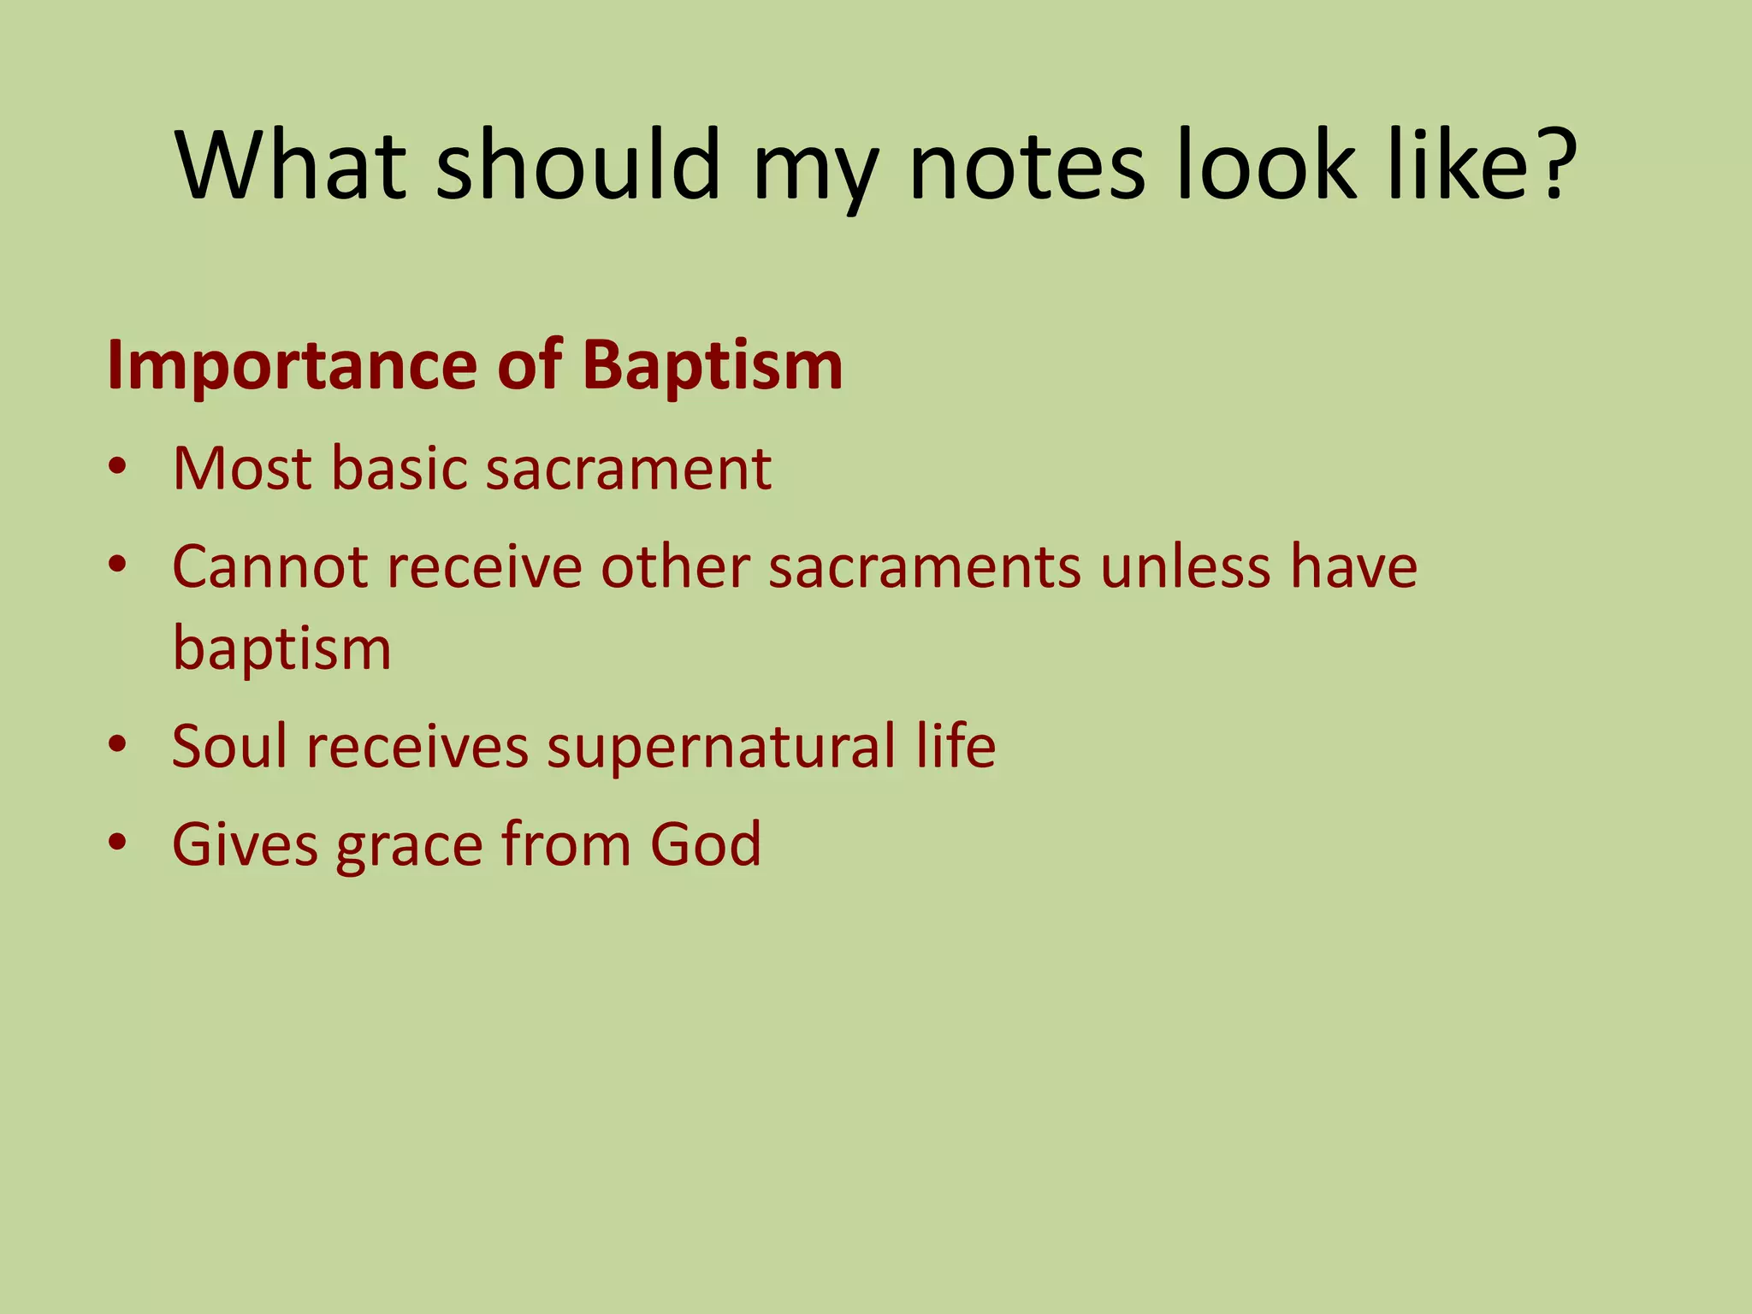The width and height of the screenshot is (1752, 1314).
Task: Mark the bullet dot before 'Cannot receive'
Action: [117, 565]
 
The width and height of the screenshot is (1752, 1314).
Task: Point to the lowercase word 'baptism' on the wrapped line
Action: [282, 648]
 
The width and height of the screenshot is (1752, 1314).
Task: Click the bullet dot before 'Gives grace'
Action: [117, 843]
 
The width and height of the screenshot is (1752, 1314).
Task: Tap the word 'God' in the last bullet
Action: [706, 843]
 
